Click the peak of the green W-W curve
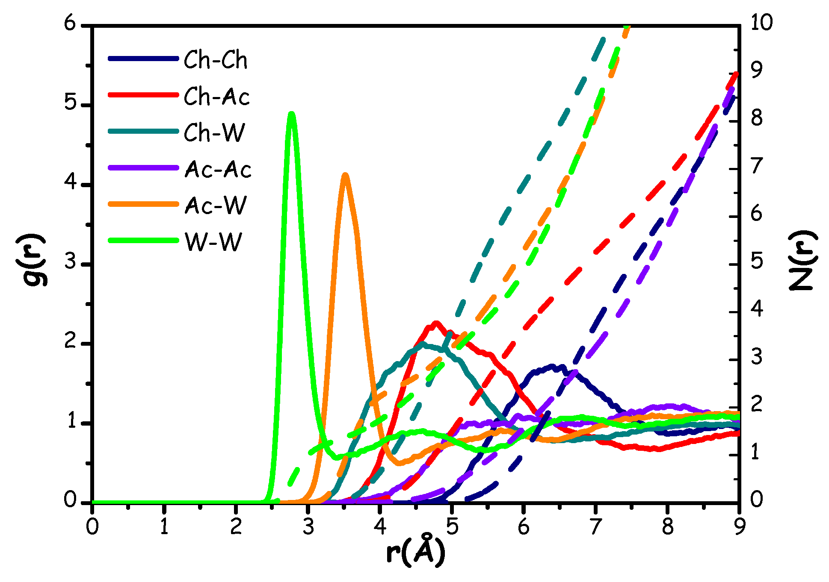[x=292, y=114]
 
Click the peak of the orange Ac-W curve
[x=345, y=174]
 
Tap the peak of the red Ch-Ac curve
[x=436, y=323]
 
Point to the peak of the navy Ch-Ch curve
[x=552, y=366]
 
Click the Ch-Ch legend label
[x=216, y=60]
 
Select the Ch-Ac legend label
[x=217, y=97]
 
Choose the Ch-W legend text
[x=214, y=133]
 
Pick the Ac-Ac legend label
[x=218, y=170]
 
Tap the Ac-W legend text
[x=216, y=206]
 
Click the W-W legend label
[x=213, y=242]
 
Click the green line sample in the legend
[x=143, y=240]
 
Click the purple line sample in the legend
[x=143, y=168]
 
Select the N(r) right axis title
[x=802, y=260]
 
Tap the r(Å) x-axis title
[x=414, y=553]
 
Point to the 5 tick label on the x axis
[x=452, y=527]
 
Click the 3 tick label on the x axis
[x=308, y=527]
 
